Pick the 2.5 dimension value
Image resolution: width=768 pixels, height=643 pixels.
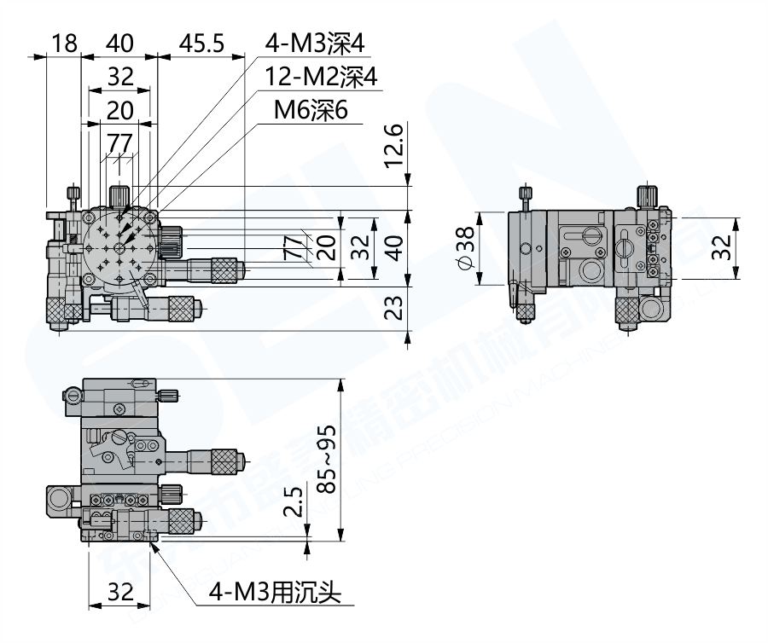coord(293,504)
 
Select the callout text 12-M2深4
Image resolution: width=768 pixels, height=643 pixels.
coord(321,77)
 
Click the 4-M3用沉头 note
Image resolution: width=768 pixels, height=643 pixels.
coord(276,592)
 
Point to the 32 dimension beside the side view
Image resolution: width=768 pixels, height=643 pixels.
coord(722,247)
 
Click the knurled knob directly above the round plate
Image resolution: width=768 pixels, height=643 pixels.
coord(119,193)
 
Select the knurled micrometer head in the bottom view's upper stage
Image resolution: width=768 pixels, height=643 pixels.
coord(226,461)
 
